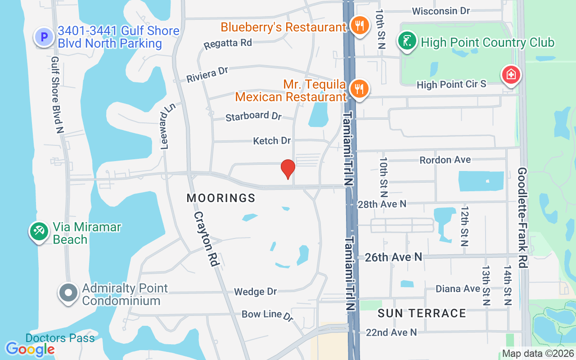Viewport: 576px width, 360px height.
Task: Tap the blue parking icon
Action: click(44, 37)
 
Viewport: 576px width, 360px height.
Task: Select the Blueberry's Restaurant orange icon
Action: click(359, 27)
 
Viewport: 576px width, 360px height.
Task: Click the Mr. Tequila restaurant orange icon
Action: click(359, 89)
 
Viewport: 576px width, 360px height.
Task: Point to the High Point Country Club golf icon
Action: click(407, 42)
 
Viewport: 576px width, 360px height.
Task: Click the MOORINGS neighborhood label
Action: click(221, 198)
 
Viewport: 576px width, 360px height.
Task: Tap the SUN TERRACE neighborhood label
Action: click(422, 313)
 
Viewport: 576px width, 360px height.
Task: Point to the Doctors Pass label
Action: click(60, 338)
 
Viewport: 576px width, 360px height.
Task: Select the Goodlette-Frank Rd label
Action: click(522, 218)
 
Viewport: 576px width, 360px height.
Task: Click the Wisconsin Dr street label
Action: click(441, 11)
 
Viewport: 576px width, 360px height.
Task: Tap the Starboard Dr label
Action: click(253, 116)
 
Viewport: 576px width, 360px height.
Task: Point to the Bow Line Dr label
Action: click(267, 315)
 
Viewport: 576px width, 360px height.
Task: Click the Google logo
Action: click(30, 349)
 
